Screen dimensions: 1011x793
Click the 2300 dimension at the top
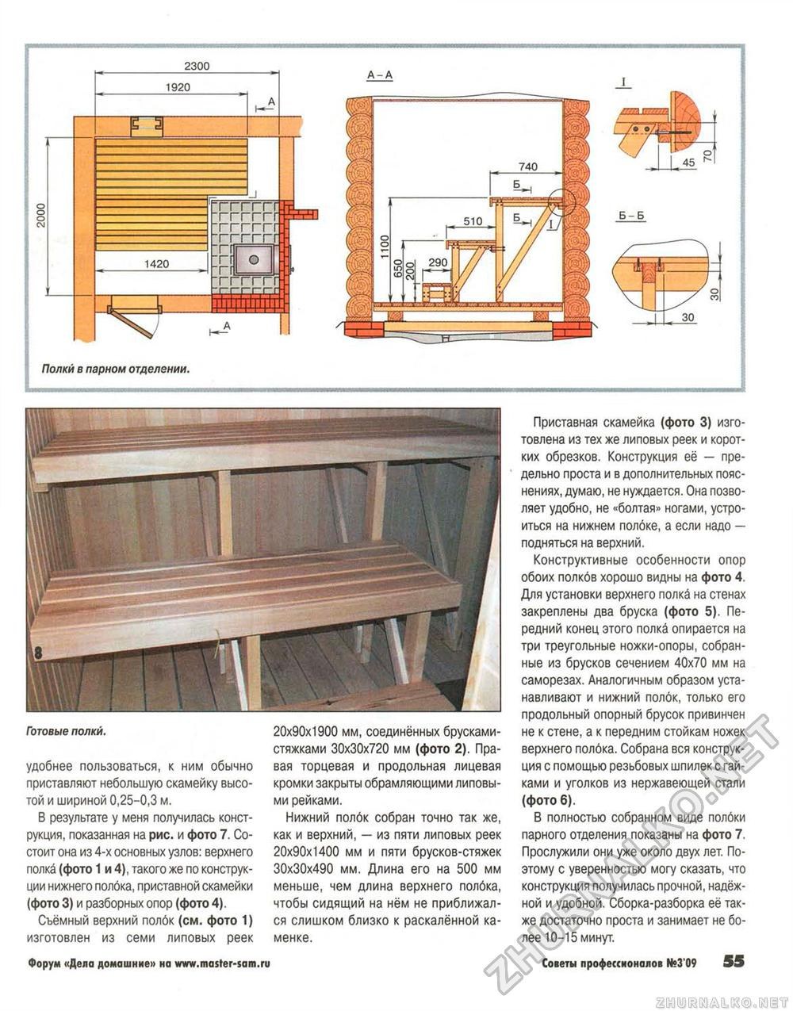[x=197, y=66]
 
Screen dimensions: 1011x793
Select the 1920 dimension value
[x=178, y=87]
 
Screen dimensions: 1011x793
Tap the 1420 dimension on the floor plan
[x=155, y=263]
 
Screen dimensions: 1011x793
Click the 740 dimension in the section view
[x=527, y=167]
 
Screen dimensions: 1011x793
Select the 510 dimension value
[x=473, y=221]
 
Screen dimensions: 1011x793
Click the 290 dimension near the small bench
[x=437, y=262]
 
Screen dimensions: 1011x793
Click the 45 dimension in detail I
[x=687, y=162]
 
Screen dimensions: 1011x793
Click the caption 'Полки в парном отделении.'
[x=116, y=369]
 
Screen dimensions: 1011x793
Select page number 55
[x=734, y=962]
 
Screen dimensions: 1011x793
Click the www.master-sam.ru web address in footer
[x=222, y=963]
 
